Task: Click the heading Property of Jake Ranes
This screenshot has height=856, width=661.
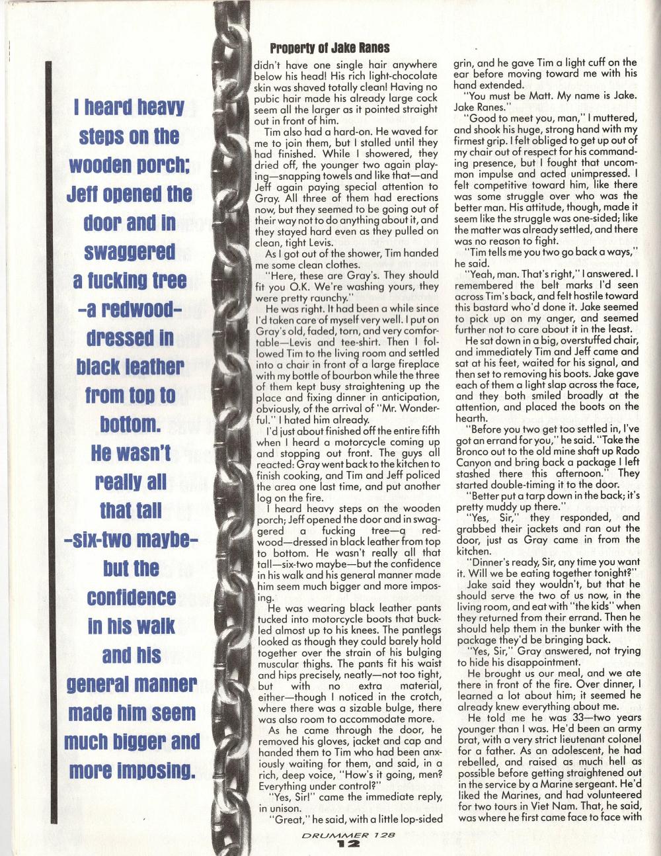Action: pyautogui.click(x=329, y=48)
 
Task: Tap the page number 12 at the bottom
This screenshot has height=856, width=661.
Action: pyautogui.click(x=347, y=843)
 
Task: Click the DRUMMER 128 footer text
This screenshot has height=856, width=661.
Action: pyautogui.click(x=347, y=835)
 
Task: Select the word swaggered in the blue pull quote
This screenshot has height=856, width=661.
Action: pyautogui.click(x=121, y=252)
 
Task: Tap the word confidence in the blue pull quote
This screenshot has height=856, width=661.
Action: pyautogui.click(x=120, y=597)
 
